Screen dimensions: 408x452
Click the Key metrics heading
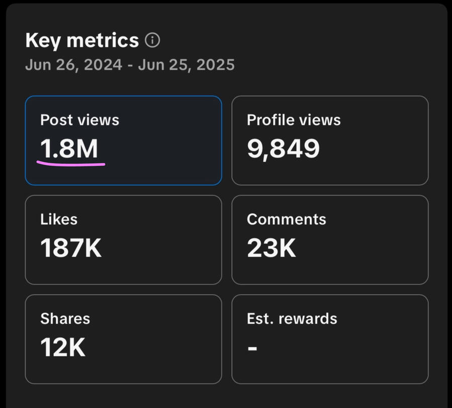click(82, 40)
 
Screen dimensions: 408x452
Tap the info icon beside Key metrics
click(152, 40)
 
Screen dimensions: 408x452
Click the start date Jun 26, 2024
click(73, 65)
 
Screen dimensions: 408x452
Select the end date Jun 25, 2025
click(186, 65)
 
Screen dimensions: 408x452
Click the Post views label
click(79, 120)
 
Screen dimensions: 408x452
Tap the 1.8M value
click(69, 149)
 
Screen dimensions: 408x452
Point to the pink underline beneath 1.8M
click(70, 164)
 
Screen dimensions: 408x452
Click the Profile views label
click(294, 120)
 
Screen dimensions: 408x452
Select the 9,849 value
click(283, 149)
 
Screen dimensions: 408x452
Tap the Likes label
click(59, 219)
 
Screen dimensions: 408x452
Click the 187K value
click(71, 248)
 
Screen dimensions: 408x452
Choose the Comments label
click(287, 219)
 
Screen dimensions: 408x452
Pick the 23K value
click(272, 248)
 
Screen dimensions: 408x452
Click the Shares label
click(65, 318)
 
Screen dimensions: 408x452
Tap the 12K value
click(63, 347)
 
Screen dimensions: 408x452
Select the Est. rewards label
click(292, 318)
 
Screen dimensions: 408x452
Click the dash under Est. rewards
click(252, 348)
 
